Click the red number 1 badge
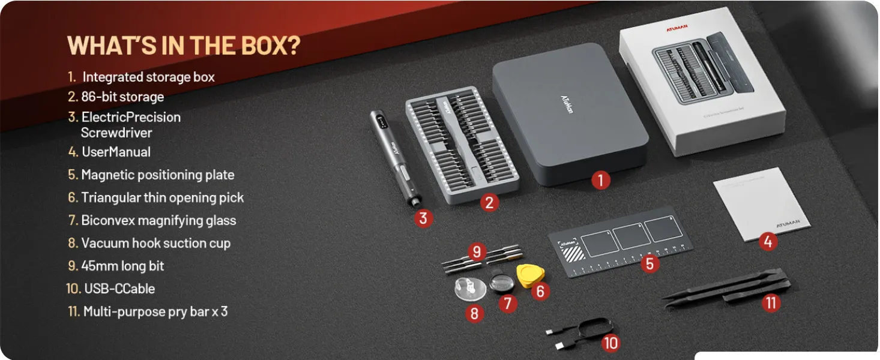600,179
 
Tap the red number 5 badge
649,263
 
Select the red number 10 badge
610,343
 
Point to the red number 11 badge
771,303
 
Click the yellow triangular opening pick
530,275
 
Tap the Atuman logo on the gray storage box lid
567,107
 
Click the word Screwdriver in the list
116,133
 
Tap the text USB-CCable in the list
119,289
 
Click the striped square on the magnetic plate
569,253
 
